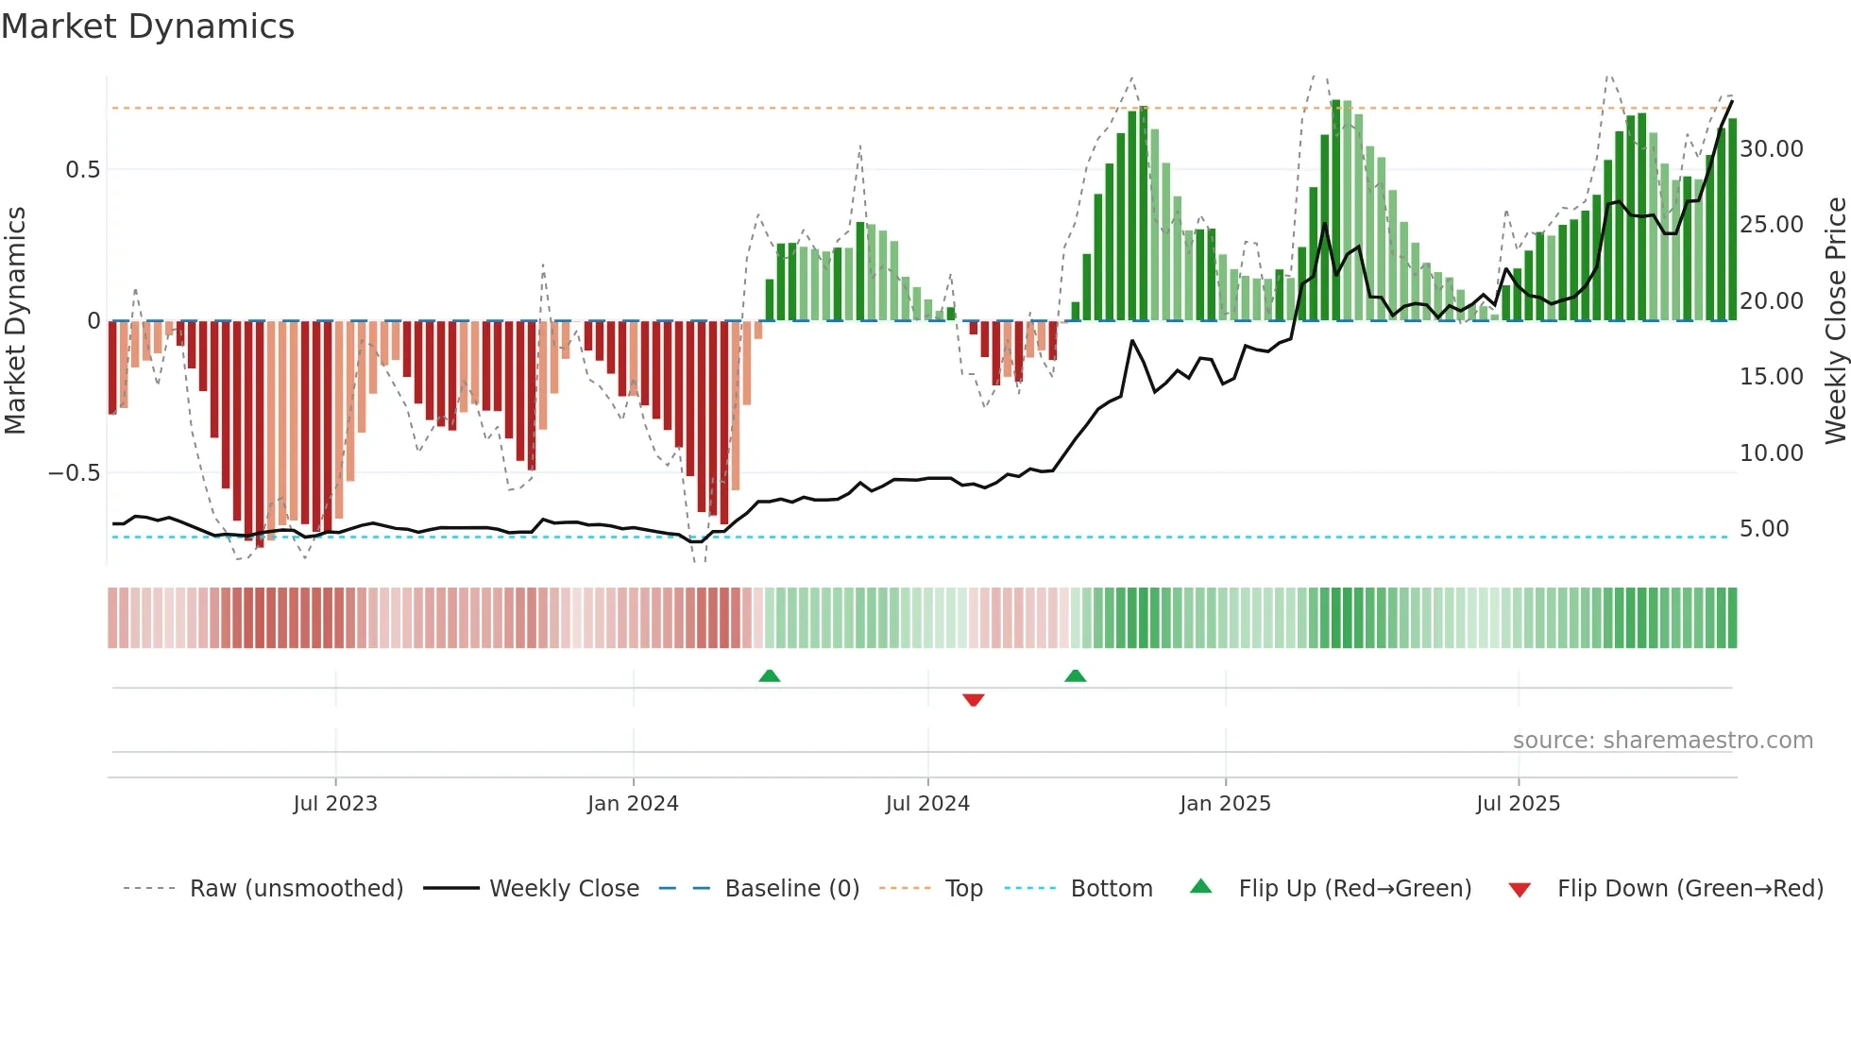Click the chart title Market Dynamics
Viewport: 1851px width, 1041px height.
click(x=148, y=26)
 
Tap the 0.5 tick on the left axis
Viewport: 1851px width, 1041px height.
click(x=82, y=170)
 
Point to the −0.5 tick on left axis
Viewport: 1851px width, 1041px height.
click(x=75, y=472)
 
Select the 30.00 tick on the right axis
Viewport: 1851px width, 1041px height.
click(x=1771, y=149)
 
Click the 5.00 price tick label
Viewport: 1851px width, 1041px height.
click(x=1763, y=529)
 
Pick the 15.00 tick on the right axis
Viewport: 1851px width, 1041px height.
click(x=1771, y=377)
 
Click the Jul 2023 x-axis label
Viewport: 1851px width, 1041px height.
click(x=335, y=804)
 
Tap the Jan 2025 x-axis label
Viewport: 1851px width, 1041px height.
click(x=1225, y=804)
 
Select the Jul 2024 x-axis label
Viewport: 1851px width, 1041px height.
click(x=927, y=804)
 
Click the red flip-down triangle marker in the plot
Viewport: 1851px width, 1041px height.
click(x=974, y=700)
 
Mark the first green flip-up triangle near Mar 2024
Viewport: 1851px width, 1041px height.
click(x=770, y=675)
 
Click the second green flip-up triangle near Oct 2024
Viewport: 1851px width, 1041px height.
click(x=1075, y=675)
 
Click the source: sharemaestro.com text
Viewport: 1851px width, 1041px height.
click(x=1662, y=741)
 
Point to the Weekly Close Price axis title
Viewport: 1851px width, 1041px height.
click(x=1835, y=321)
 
